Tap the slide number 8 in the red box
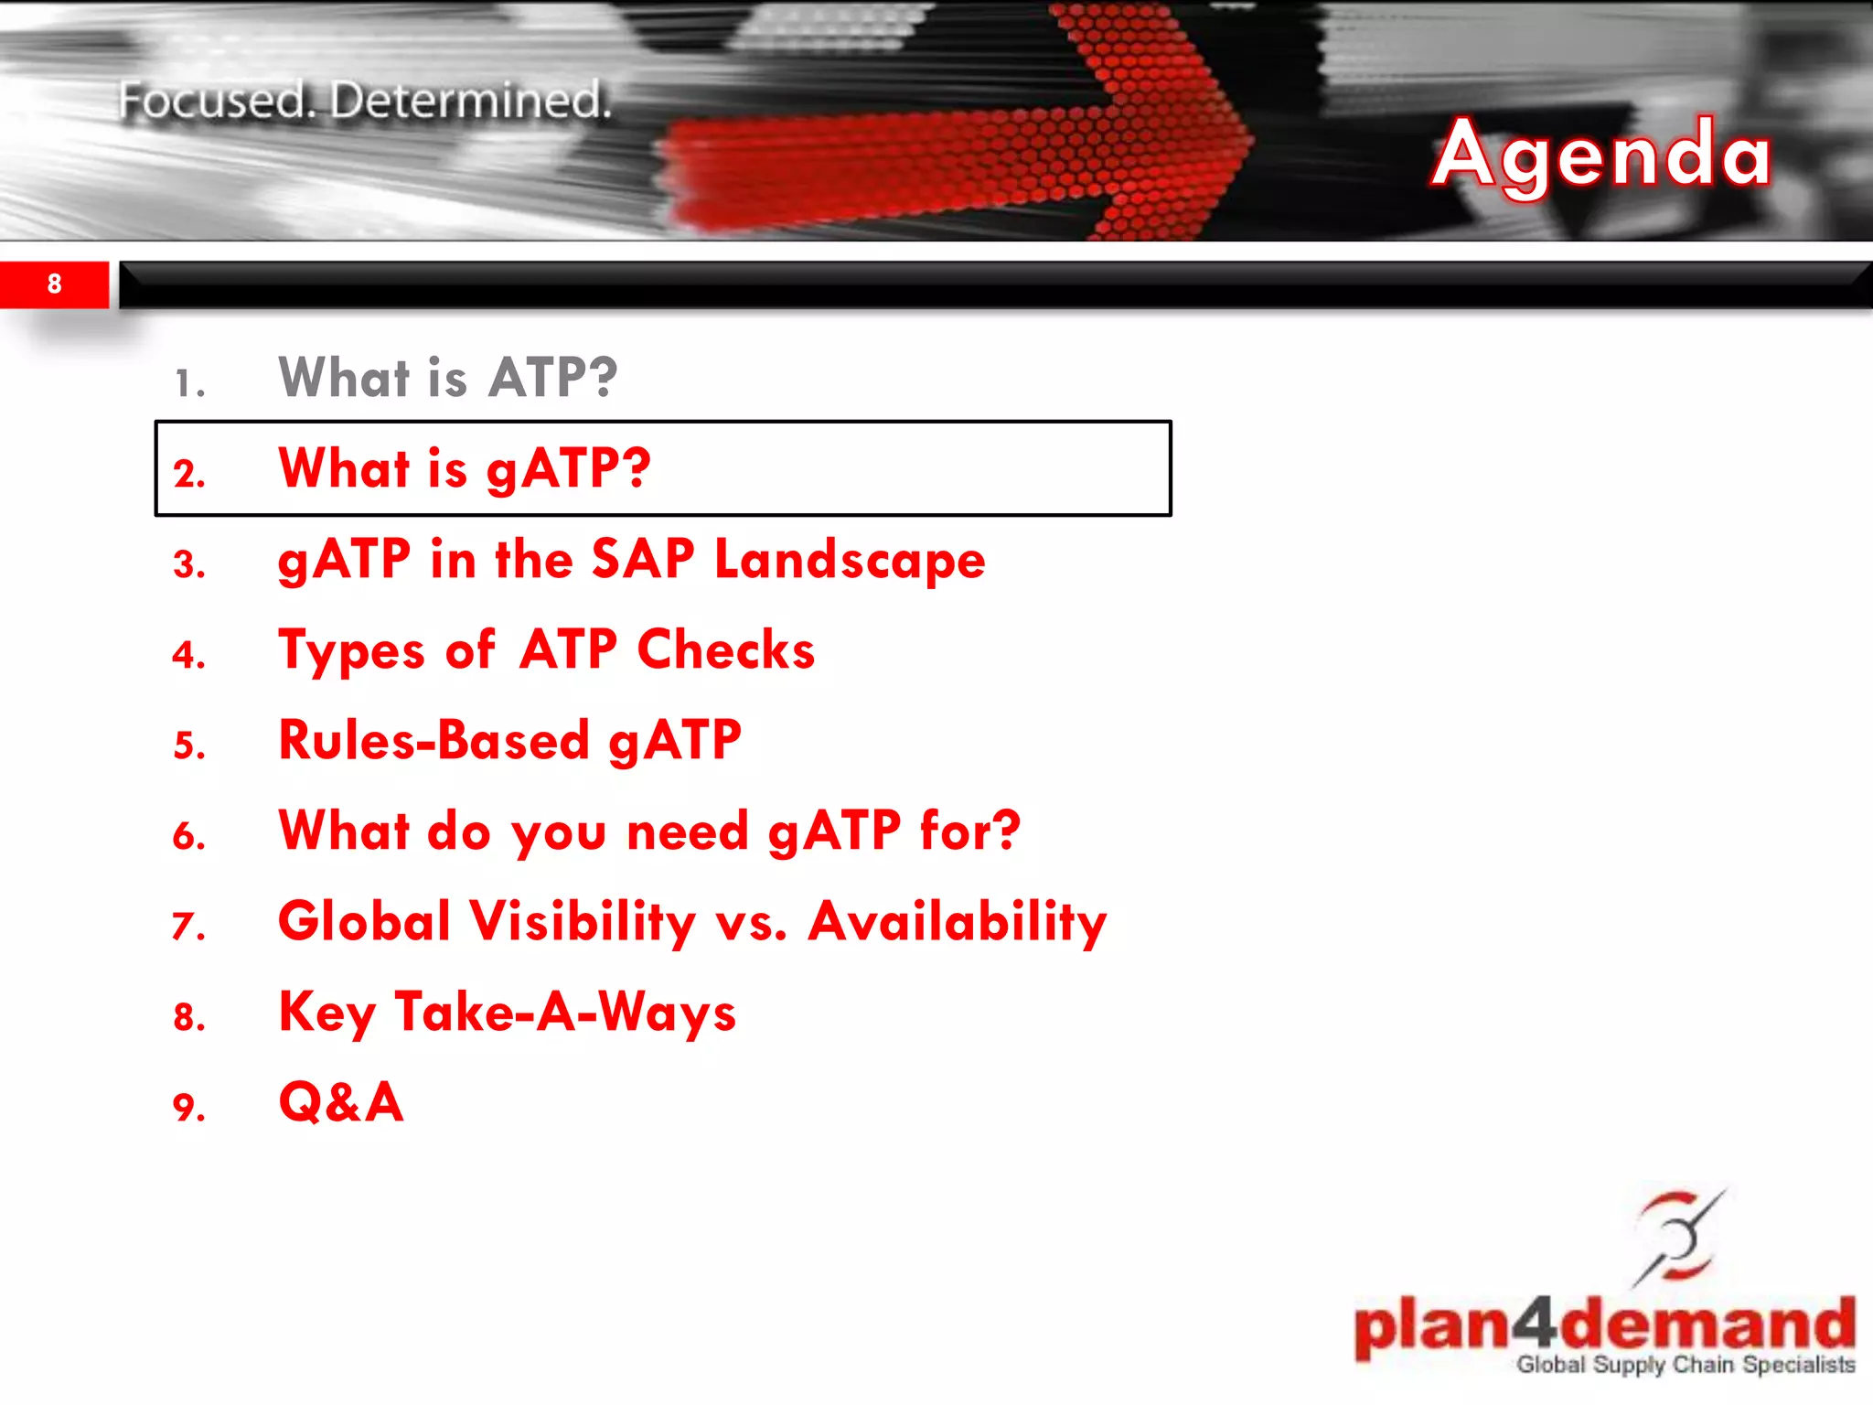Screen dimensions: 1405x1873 pyautogui.click(x=54, y=284)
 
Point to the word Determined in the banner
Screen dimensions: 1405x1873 pyautogui.click(x=470, y=101)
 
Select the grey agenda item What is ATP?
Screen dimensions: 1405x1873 pyautogui.click(x=447, y=377)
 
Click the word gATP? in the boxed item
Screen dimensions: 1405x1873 pyautogui.click(x=568, y=469)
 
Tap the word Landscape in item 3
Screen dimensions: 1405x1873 pyautogui.click(x=850, y=559)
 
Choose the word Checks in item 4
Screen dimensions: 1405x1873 pyautogui.click(x=725, y=650)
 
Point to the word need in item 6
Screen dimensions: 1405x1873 pyautogui.click(x=687, y=831)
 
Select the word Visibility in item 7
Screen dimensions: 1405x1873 pyautogui.click(x=583, y=921)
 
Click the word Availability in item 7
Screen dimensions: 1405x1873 pyautogui.click(x=958, y=921)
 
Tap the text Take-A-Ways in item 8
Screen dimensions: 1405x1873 pyautogui.click(x=565, y=1013)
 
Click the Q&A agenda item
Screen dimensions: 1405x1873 pyautogui.click(x=340, y=1102)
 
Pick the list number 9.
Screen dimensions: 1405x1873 pyautogui.click(x=188, y=1108)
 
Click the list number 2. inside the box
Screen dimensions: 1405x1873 pyautogui.click(x=188, y=474)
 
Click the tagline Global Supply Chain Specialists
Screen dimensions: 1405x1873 pyautogui.click(x=1686, y=1365)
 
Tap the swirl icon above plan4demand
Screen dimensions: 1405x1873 pyautogui.click(x=1677, y=1236)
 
